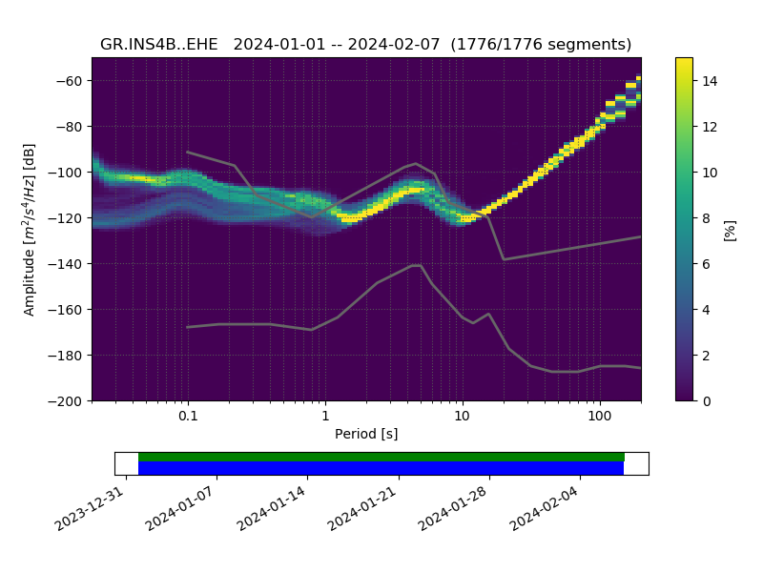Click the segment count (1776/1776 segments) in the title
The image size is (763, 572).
pyautogui.click(x=541, y=45)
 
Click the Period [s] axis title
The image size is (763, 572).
pyautogui.click(x=366, y=434)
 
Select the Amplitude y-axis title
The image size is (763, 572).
pyautogui.click(x=30, y=229)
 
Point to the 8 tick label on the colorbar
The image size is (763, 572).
pyautogui.click(x=706, y=218)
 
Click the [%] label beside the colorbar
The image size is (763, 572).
pyautogui.click(x=731, y=229)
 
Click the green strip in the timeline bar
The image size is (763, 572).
pyautogui.click(x=381, y=457)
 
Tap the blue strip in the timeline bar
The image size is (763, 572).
pyautogui.click(x=381, y=468)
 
